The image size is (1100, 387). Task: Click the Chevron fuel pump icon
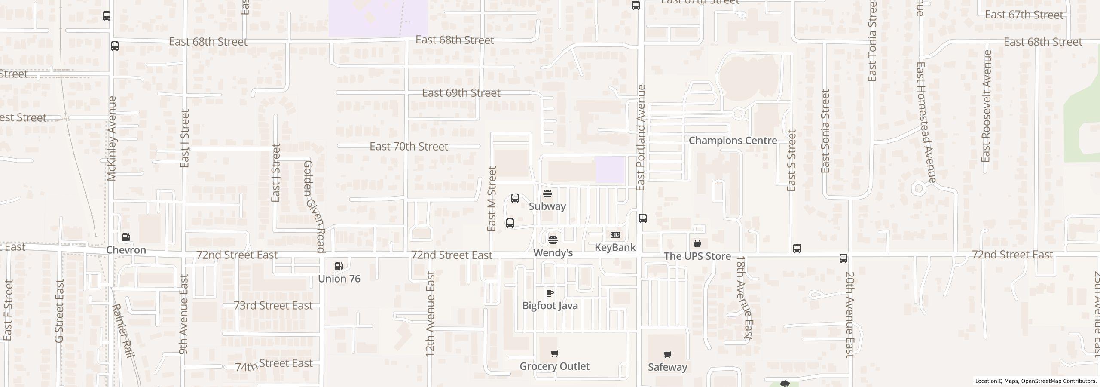coord(126,237)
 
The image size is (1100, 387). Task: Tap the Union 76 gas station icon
coord(339,266)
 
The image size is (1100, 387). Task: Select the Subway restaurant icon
coord(547,193)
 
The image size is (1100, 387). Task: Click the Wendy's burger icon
coord(553,240)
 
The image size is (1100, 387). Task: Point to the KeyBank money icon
coord(615,235)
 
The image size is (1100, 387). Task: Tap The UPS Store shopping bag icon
coord(697,243)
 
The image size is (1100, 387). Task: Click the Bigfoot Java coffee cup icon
coord(550,293)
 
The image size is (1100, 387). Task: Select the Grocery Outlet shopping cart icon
coord(554,353)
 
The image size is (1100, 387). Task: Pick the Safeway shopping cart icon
coord(667,354)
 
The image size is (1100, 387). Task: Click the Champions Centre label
coord(733,141)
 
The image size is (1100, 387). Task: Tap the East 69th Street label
coord(461,93)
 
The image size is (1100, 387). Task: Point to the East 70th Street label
coord(409,147)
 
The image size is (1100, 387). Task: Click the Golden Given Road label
coord(314,206)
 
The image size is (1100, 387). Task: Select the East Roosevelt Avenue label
coord(986,106)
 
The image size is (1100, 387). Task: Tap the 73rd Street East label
coord(273,306)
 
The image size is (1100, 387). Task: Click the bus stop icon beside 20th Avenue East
coord(843,258)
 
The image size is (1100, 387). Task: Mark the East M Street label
coord(492,199)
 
